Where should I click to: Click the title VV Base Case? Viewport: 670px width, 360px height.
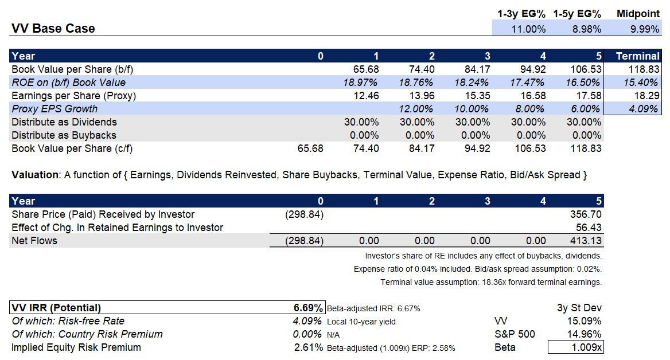pyautogui.click(x=53, y=29)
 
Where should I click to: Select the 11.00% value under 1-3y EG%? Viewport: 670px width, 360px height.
pyautogui.click(x=529, y=29)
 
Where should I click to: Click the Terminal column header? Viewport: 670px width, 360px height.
pyautogui.click(x=637, y=56)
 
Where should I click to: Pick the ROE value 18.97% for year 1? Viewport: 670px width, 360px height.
pyautogui.click(x=361, y=83)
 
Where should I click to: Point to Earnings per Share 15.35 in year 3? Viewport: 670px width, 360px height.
pyautogui.click(x=476, y=96)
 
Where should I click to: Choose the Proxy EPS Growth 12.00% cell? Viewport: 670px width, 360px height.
pyautogui.click(x=416, y=109)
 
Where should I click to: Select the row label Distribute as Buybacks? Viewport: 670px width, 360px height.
pyautogui.click(x=64, y=135)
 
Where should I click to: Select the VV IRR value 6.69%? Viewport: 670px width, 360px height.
pyautogui.click(x=309, y=308)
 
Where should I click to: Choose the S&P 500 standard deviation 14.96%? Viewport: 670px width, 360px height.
pyautogui.click(x=583, y=334)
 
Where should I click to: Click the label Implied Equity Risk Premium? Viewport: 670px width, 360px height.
pyautogui.click(x=76, y=347)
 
